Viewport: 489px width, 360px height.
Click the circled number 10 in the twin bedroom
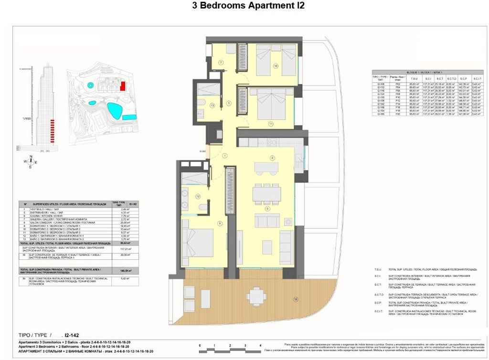276,66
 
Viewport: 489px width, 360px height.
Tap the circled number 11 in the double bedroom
270,124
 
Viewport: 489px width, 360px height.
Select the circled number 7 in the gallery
221,63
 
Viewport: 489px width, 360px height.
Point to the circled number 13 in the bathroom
212,106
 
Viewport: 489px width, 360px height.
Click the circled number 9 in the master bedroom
219,222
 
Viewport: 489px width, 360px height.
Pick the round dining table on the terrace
256,297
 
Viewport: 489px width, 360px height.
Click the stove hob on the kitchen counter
273,142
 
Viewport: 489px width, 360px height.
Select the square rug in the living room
266,247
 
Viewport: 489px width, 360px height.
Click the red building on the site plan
123,86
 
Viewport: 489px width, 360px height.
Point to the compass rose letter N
31,157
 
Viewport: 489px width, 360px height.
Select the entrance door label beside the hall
203,151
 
